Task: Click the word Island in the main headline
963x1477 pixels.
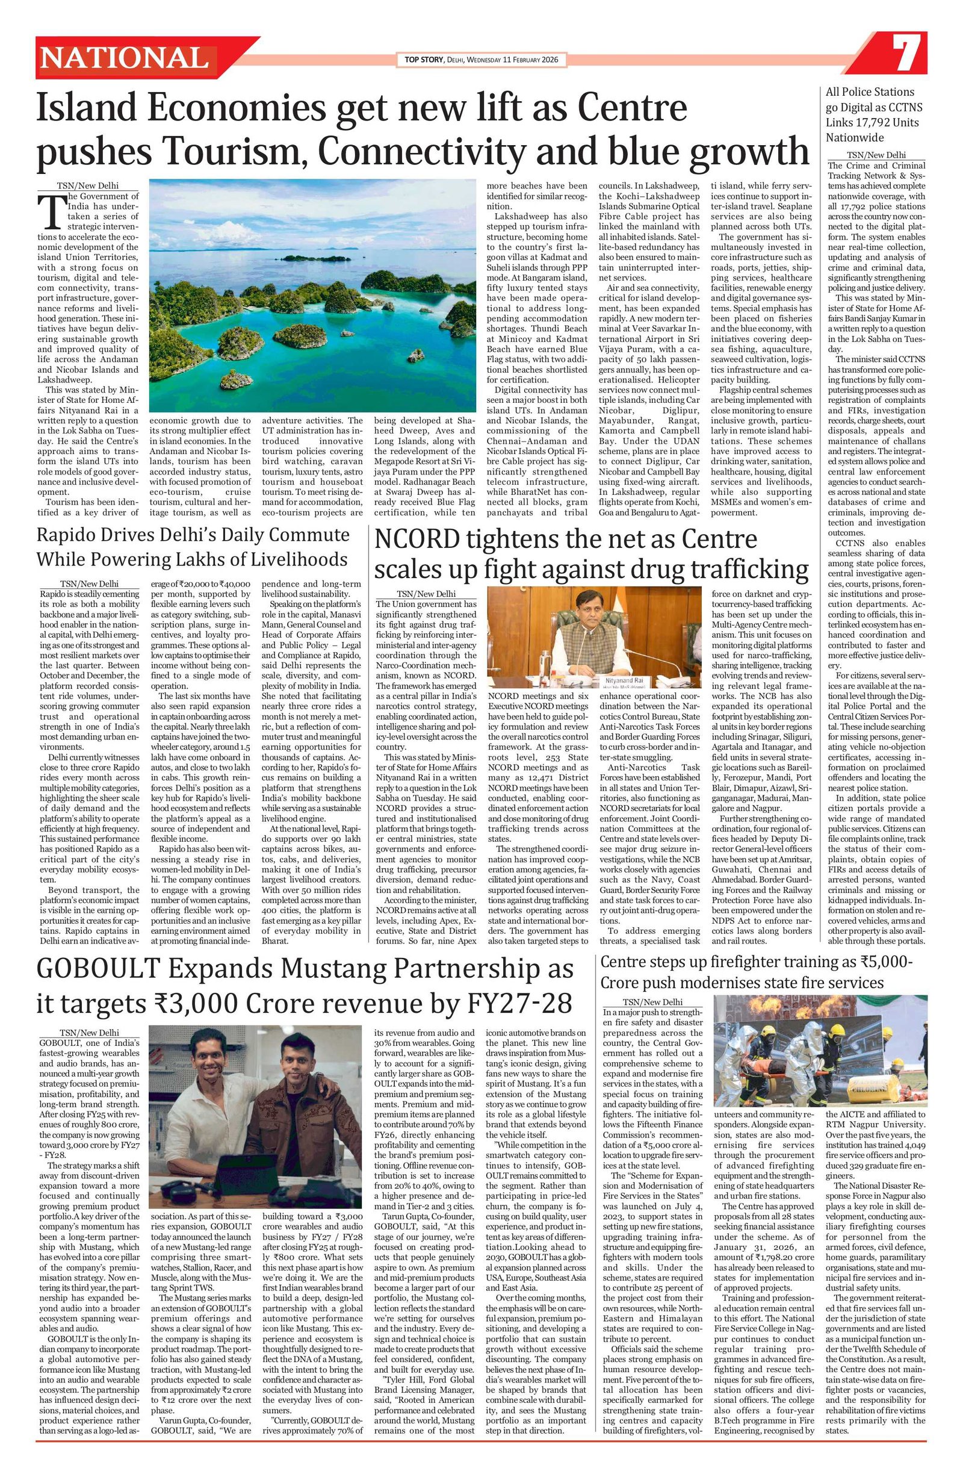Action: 81,108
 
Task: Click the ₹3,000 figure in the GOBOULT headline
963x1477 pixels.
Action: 196,1004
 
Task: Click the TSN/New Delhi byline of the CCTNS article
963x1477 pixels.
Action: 876,155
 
